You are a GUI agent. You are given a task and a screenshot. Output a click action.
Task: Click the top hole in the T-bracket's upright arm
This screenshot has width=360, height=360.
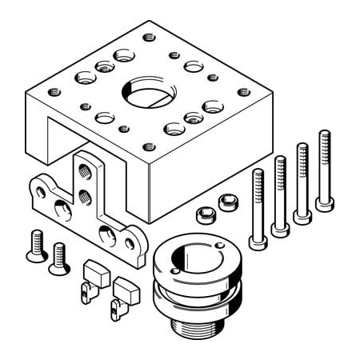click(x=86, y=170)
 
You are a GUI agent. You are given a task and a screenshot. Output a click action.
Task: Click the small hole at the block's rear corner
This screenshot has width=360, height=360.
click(x=148, y=36)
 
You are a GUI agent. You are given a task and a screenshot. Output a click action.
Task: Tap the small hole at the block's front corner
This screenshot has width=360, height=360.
click(x=148, y=146)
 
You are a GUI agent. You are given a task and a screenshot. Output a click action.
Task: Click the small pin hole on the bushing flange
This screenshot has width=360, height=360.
click(x=219, y=244)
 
